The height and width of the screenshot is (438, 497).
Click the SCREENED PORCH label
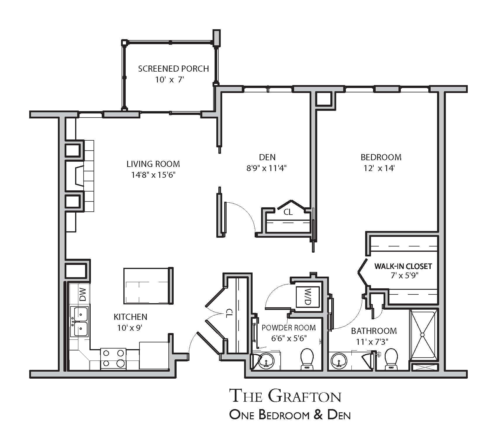click(x=173, y=69)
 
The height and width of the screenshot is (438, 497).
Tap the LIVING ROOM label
click(x=153, y=164)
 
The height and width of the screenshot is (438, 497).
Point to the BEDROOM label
click(x=381, y=157)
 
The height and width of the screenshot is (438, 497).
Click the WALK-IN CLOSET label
click(x=403, y=266)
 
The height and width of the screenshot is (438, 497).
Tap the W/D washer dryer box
click(x=308, y=297)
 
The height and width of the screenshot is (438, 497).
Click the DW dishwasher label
click(x=83, y=294)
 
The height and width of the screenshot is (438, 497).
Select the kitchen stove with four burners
click(x=113, y=358)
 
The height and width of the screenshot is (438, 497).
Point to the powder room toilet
click(x=307, y=358)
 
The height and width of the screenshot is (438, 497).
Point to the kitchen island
click(x=149, y=285)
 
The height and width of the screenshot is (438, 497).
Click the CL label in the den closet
click(x=288, y=212)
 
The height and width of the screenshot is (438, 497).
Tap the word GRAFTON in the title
click(x=304, y=396)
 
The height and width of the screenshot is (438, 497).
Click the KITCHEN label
click(x=130, y=317)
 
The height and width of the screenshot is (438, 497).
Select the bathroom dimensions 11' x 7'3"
click(x=372, y=342)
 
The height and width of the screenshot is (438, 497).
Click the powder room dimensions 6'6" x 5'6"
click(x=289, y=338)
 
